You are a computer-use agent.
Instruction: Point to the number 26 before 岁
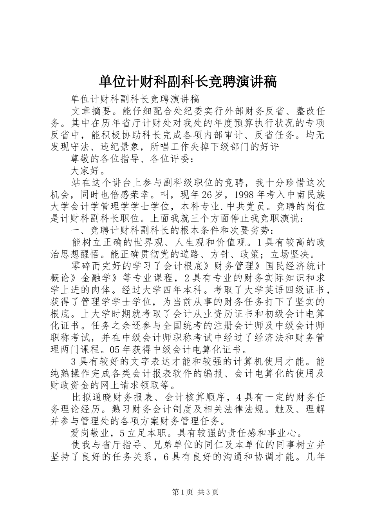[207, 194]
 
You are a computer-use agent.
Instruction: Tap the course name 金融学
[96, 278]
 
